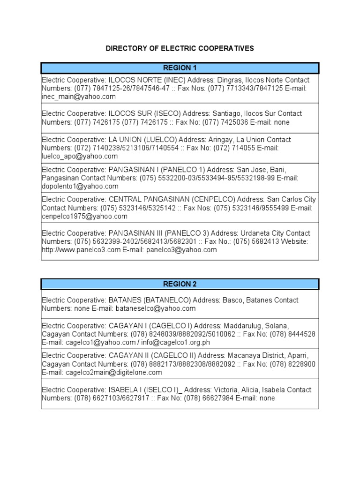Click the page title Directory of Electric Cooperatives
[x=180, y=48]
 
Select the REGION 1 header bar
[x=180, y=68]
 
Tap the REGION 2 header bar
[x=180, y=284]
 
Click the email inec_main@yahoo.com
[x=78, y=97]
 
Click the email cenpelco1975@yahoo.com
[x=84, y=217]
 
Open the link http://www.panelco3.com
[x=81, y=250]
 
